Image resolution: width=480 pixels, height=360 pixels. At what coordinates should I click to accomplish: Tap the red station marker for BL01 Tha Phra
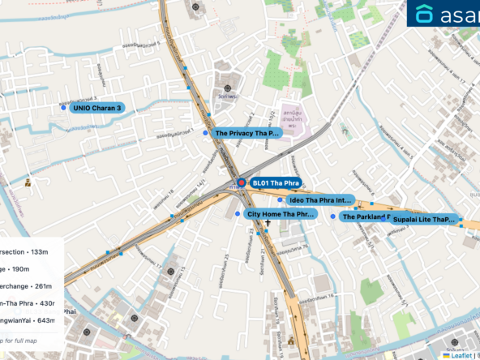[x=241, y=183]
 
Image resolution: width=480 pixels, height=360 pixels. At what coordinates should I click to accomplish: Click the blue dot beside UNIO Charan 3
[x=63, y=107]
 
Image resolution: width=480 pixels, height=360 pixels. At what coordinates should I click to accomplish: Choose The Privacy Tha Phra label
[x=246, y=132]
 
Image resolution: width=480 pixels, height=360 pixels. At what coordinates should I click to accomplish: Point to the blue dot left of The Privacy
[x=205, y=132]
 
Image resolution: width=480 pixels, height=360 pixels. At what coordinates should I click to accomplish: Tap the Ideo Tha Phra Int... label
[x=319, y=199]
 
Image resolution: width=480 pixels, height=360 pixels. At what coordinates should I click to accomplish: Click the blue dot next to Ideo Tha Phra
[x=281, y=199]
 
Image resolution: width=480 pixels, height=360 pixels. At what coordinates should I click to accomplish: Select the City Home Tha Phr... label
[x=280, y=214]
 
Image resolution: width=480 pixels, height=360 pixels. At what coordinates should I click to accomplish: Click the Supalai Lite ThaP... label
[x=424, y=219]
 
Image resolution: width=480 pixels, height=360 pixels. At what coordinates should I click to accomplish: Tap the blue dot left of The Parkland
[x=332, y=216]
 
